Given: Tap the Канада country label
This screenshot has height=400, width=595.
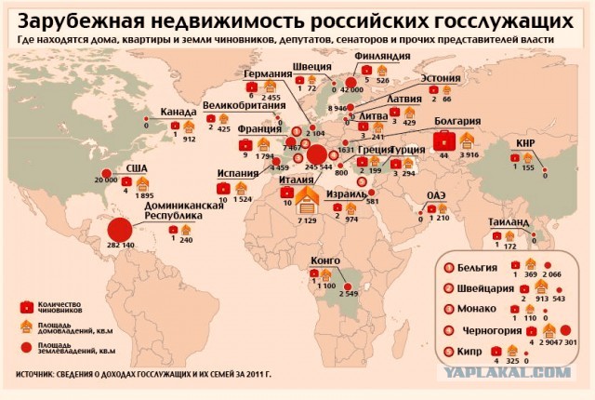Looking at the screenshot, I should click(x=178, y=113).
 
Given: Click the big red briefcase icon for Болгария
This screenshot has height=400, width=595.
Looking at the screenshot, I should click(x=444, y=140).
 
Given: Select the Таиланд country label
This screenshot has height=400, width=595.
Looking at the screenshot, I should click(x=508, y=222).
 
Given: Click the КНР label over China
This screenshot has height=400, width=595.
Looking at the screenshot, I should click(x=523, y=142).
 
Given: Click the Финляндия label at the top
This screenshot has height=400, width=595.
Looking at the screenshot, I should click(x=382, y=56).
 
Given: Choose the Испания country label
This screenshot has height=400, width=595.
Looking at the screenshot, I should click(x=238, y=173).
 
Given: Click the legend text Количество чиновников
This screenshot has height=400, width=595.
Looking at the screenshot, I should click(x=63, y=306).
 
